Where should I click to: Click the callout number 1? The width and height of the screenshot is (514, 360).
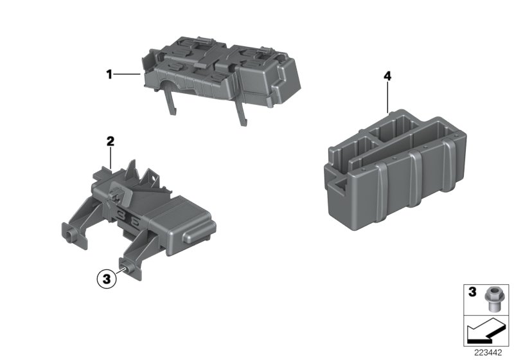coord(109,75)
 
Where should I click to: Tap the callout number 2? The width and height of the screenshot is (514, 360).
coord(110,141)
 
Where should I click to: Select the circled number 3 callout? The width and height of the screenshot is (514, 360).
coord(106,279)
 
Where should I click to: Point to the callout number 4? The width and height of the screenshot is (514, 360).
coord(387,76)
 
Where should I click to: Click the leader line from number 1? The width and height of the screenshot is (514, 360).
coord(127,75)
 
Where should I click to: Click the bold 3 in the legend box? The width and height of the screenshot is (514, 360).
coord(471,292)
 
